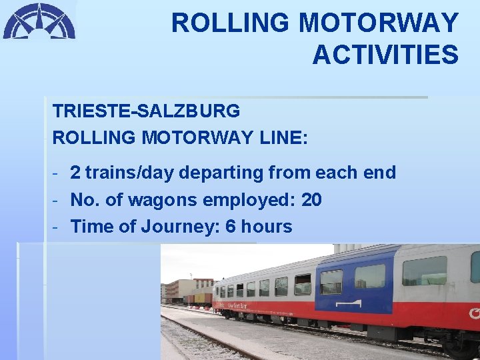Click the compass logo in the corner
pyautogui.click(x=39, y=21)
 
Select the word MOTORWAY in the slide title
pyautogui.click(x=378, y=23)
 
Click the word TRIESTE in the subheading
pyautogui.click(x=91, y=110)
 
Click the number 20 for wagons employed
pyautogui.click(x=311, y=199)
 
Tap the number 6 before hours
pyautogui.click(x=231, y=227)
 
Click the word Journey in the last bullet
pyautogui.click(x=179, y=227)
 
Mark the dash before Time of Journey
pyautogui.click(x=57, y=227)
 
